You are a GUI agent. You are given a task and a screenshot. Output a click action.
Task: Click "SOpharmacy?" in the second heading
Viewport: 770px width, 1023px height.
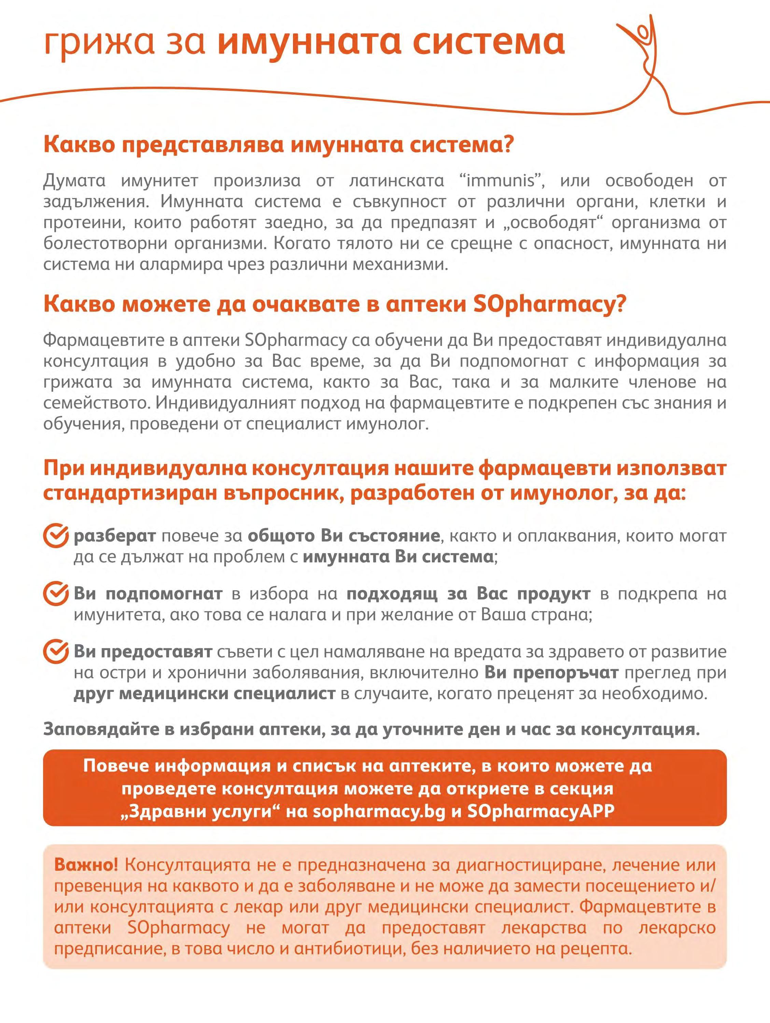pyautogui.click(x=548, y=304)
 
